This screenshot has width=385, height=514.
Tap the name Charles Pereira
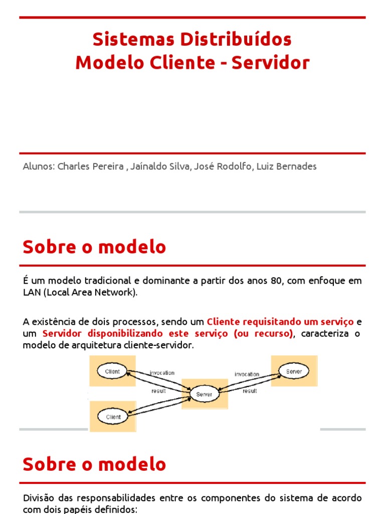pos(91,167)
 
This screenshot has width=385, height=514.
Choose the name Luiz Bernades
pos(286,167)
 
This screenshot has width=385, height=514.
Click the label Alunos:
pos(39,167)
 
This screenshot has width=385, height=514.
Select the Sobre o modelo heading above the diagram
pos(94,247)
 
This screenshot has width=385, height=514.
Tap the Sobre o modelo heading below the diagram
pos(94,464)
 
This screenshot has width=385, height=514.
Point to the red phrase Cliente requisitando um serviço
pos(280,321)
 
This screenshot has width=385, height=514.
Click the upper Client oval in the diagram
pos(113,372)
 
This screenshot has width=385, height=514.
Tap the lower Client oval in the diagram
pos(113,417)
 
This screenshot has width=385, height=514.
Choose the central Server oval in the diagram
pos(204,394)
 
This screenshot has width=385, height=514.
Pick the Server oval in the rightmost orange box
pos(294,371)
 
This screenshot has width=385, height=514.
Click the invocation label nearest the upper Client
pos(162,373)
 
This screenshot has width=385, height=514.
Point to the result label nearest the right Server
pos(250,391)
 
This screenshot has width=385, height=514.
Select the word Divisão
pos(39,498)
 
